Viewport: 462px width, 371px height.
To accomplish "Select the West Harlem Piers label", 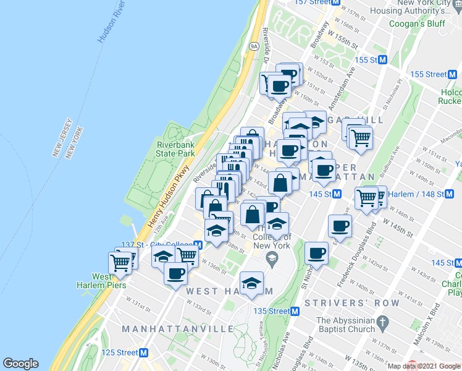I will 109,281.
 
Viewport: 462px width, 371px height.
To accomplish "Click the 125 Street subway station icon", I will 143,352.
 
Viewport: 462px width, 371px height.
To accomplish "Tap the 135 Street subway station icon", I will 295,311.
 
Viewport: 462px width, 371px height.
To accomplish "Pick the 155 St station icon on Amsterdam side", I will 382,60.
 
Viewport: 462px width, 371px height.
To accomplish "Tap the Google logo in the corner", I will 20,364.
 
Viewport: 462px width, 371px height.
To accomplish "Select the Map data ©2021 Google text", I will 424,366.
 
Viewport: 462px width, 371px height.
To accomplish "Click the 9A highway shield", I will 253,45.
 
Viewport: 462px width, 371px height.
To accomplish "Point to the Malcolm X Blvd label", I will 434,331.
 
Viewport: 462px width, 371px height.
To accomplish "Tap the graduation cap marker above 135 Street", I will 251,283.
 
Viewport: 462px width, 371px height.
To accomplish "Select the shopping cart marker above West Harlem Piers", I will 121,262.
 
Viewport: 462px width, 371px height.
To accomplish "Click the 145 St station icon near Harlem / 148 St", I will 337,194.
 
